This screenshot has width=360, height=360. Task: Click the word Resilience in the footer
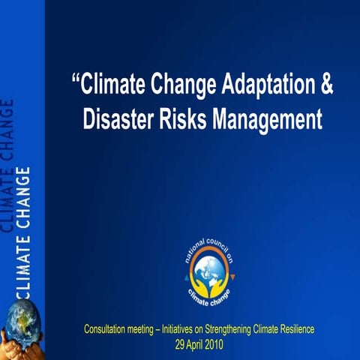click(296, 329)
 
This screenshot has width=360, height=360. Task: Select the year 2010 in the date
click(213, 344)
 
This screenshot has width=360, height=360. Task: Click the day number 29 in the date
click(178, 344)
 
